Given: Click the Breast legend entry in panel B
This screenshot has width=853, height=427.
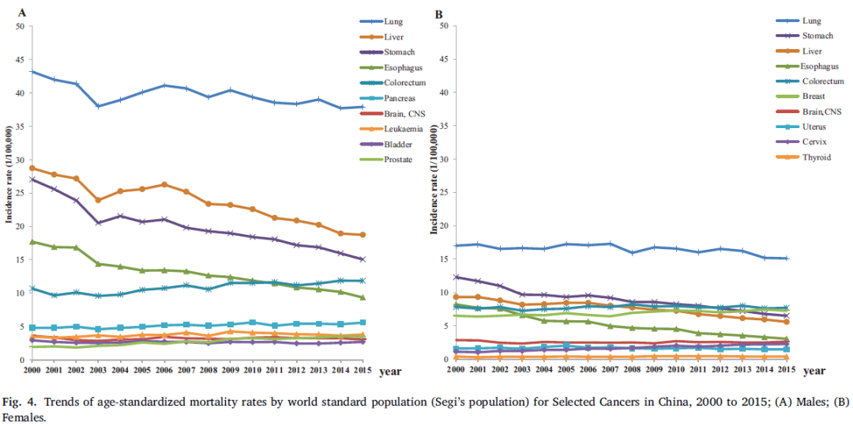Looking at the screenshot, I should point(814,96).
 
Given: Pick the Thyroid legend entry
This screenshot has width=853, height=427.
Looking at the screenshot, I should point(816,157).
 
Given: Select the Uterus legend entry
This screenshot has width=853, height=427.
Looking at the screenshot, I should point(814,127).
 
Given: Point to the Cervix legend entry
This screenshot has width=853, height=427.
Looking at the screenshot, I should point(814,142).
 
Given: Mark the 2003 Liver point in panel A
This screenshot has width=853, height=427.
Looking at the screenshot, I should point(98,200).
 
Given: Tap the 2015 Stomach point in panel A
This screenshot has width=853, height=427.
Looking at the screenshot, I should point(363,259).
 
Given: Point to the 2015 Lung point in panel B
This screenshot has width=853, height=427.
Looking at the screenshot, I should point(786,259).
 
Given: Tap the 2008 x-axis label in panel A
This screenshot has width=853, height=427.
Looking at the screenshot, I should point(209,368).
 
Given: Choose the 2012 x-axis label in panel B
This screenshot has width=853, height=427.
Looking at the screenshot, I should point(720,368).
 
